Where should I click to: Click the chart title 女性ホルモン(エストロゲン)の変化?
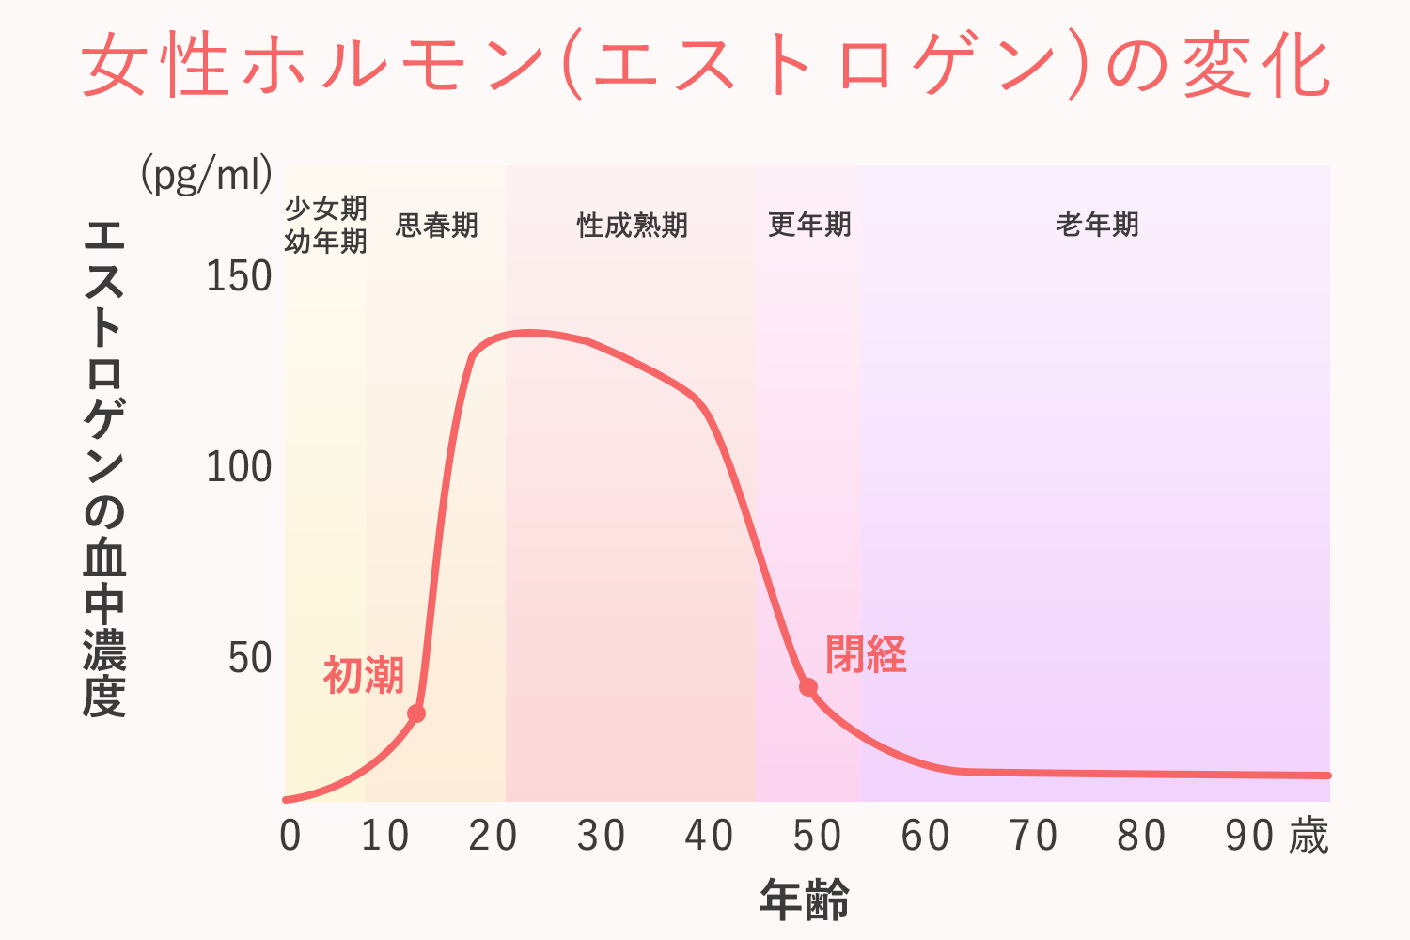pos(705,66)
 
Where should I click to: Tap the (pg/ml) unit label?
pos(207,174)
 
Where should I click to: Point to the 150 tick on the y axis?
pos(239,276)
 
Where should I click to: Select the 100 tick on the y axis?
pos(239,467)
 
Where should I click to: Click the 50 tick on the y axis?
pos(250,659)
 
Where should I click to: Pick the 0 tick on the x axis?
pos(290,836)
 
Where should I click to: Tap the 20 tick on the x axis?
pos(493,836)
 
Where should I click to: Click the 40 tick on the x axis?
pos(709,836)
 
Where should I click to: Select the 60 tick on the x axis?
pos(925,836)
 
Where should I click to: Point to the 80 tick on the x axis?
pos(1141,836)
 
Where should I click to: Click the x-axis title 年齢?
pos(805,900)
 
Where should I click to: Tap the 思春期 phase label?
pos(437,226)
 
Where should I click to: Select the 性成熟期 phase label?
pos(632,226)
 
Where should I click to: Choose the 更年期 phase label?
pos(809,225)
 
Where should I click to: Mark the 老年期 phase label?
pos(1097,225)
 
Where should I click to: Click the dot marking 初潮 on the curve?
pos(416,713)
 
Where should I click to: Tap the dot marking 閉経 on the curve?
pos(808,687)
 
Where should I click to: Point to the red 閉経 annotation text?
pos(866,654)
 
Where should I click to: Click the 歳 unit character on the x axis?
pos(1308,836)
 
